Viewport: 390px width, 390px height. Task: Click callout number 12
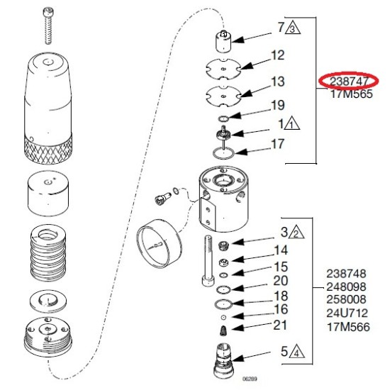[277, 55]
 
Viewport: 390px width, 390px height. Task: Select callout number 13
[277, 82]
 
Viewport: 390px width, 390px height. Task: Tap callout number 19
[277, 106]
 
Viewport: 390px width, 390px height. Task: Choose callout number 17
[277, 143]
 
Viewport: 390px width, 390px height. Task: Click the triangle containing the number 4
[294, 350]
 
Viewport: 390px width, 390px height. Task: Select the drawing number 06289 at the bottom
[250, 379]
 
